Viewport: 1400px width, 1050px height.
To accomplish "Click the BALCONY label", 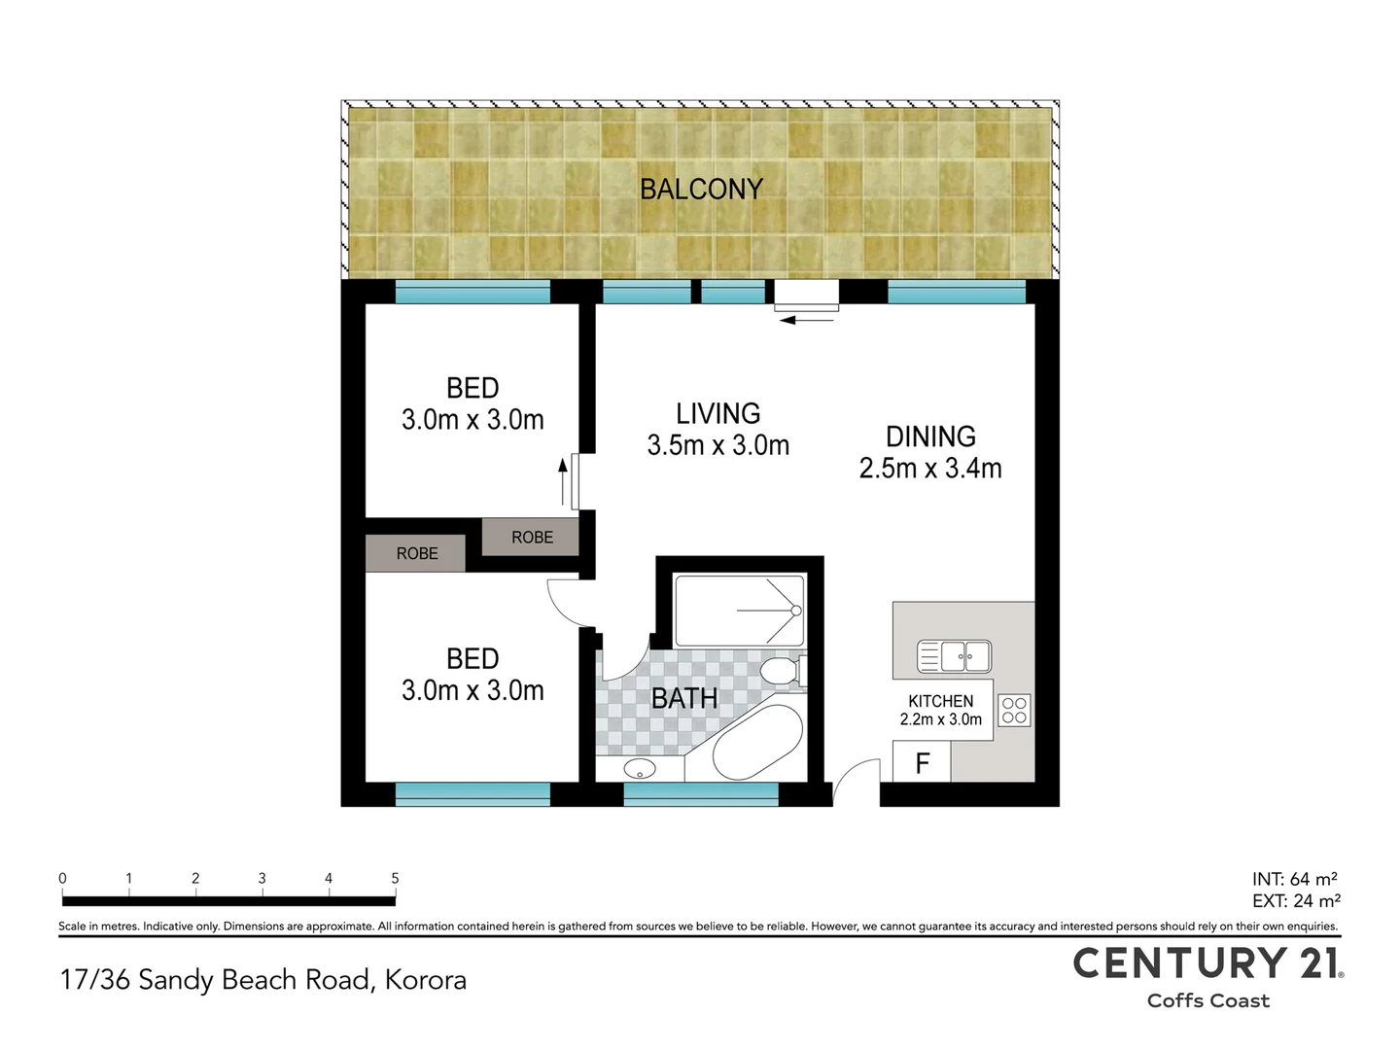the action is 701,189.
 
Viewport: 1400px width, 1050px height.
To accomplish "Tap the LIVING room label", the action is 717,413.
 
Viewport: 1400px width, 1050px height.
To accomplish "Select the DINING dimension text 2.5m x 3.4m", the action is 930,468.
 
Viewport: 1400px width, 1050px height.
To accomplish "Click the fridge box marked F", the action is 922,761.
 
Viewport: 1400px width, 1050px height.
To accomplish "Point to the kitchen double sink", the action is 954,656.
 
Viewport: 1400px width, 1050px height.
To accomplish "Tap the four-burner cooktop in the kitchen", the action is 1013,710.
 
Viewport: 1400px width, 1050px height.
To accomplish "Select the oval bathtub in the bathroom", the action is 757,743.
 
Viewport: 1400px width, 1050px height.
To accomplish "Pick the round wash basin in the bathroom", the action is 640,768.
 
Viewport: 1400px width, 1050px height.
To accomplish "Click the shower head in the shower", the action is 796,611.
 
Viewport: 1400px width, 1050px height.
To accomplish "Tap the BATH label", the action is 684,698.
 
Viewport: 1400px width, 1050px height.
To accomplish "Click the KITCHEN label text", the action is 941,701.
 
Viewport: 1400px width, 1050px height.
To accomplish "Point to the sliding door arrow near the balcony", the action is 807,320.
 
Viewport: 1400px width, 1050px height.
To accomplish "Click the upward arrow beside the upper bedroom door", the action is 563,481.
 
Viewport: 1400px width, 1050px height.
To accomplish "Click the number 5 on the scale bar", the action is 395,878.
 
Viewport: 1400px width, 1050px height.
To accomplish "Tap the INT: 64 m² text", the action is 1295,879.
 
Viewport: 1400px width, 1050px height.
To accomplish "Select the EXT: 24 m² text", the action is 1296,901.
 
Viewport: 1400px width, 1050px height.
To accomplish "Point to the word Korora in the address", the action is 426,980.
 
